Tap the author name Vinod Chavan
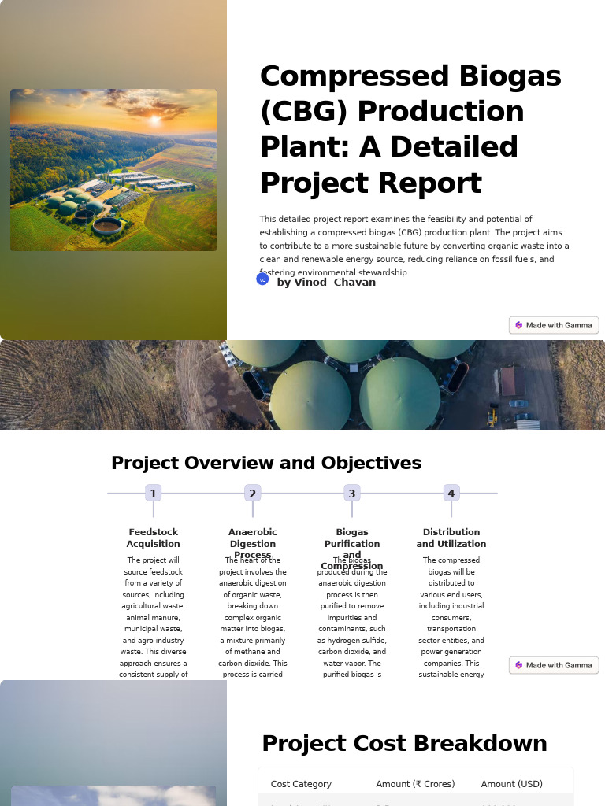[x=326, y=283]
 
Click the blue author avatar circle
[x=263, y=279]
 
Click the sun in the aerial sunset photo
[x=154, y=120]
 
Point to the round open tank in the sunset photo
[x=107, y=226]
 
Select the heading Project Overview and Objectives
[x=266, y=463]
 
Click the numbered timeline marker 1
[x=154, y=494]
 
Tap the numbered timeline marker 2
[x=253, y=494]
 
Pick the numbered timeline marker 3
[x=352, y=494]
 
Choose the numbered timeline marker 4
[x=451, y=494]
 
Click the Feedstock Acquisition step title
[x=154, y=538]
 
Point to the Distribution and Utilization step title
[x=451, y=538]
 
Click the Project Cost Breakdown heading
[x=404, y=744]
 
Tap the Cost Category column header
[x=301, y=784]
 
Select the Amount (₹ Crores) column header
[x=415, y=784]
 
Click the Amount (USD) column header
[x=512, y=784]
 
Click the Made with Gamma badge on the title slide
[x=554, y=325]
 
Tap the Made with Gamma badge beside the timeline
[x=554, y=665]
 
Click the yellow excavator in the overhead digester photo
[x=492, y=417]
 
